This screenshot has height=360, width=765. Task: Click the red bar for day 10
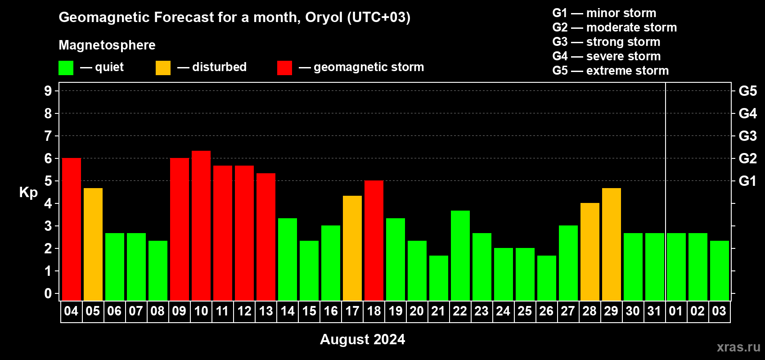click(201, 225)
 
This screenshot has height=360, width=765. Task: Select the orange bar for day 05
click(93, 244)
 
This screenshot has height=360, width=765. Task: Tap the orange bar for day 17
click(352, 248)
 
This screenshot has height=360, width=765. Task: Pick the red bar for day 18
click(374, 240)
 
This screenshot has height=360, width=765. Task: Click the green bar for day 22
click(460, 256)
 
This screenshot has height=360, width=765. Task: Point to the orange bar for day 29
click(611, 244)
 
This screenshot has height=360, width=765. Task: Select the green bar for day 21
click(438, 278)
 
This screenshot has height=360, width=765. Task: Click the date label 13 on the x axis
click(266, 311)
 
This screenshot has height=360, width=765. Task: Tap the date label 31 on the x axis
click(654, 311)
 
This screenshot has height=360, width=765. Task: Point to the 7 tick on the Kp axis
click(48, 136)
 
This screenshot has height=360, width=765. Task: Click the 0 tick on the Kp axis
click(48, 293)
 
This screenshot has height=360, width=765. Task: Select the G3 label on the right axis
click(747, 136)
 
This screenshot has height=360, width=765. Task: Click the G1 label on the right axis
click(747, 181)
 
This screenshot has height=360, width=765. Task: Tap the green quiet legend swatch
click(66, 67)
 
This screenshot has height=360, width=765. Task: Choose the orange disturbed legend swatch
click(163, 67)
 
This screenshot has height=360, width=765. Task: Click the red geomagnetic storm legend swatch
click(284, 67)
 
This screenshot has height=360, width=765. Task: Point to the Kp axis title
click(28, 193)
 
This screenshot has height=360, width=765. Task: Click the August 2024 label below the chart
click(362, 339)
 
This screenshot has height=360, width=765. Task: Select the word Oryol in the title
click(324, 17)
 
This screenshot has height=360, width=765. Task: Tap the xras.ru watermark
click(738, 347)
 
